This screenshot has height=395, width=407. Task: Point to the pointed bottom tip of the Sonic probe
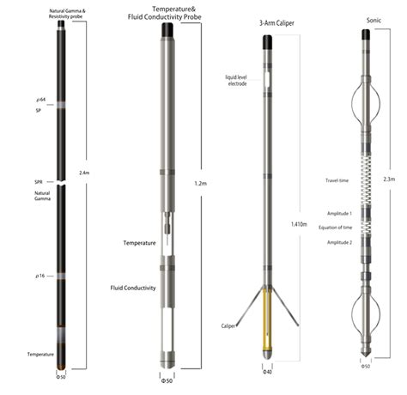366,354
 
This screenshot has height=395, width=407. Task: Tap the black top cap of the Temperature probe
169,32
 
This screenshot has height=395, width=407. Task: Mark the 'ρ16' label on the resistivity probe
38,276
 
